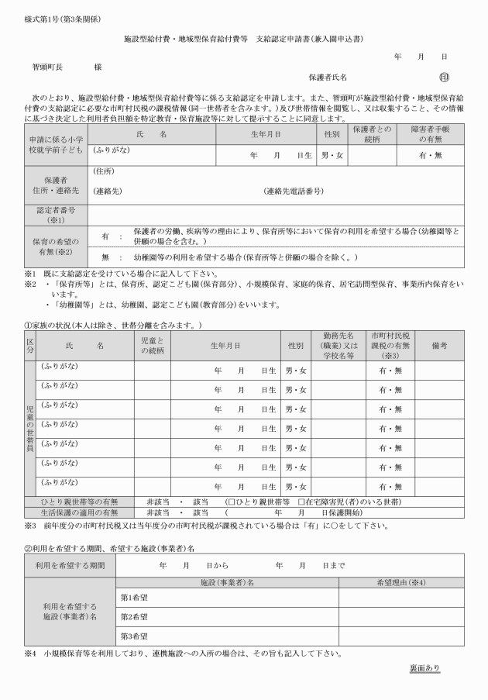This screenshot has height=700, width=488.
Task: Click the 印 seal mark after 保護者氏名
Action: pyautogui.click(x=444, y=78)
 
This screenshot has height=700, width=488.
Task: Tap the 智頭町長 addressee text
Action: pyautogui.click(x=47, y=67)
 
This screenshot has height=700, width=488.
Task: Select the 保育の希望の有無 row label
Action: pyautogui.click(x=56, y=246)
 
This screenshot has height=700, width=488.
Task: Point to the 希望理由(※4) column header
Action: pyautogui.click(x=400, y=581)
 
